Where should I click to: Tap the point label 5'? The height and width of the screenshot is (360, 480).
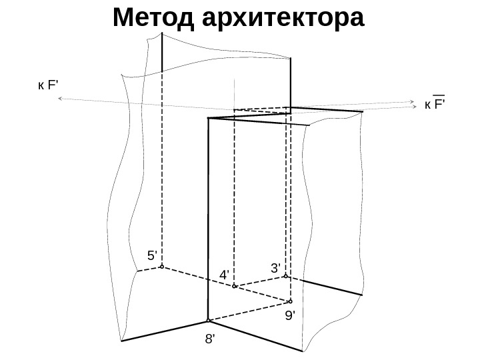(153, 255)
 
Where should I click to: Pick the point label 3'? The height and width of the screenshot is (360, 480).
(276, 267)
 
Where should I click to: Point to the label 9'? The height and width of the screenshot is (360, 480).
(290, 315)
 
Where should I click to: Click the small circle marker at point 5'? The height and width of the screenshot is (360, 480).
(162, 267)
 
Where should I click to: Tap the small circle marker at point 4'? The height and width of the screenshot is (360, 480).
(234, 287)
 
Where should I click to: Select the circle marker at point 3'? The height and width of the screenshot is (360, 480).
(285, 275)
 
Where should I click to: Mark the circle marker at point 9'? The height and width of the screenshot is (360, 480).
(291, 299)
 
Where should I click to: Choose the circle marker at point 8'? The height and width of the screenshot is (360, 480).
(209, 320)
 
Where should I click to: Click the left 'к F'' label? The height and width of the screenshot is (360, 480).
(48, 85)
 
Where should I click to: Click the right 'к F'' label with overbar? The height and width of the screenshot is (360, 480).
(435, 104)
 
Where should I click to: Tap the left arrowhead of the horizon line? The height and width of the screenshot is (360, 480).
(61, 99)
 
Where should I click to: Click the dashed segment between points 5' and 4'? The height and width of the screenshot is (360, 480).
(198, 277)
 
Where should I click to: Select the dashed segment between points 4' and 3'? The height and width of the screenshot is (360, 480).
(260, 281)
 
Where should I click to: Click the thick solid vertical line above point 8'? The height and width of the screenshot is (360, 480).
(209, 220)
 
